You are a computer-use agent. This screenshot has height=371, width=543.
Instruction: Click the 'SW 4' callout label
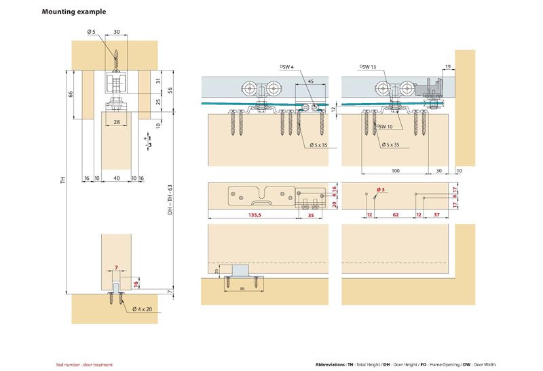pos(288,66)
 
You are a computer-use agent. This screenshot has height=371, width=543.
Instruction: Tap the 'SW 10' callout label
pos(385,126)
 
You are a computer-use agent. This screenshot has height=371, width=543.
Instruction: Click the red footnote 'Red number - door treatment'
pos(84,365)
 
